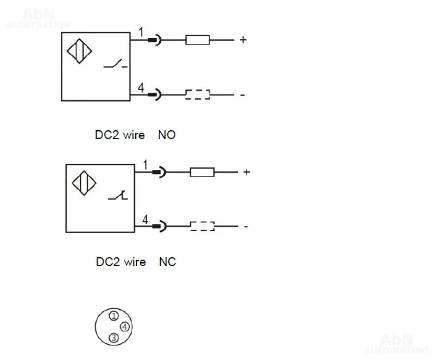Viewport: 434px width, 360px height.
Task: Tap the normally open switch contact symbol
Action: pos(115,63)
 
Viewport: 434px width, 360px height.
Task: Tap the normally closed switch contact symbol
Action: pos(118,197)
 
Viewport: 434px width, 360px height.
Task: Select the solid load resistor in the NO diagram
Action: pos(197,40)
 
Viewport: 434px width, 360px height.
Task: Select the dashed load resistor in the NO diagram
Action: pos(198,95)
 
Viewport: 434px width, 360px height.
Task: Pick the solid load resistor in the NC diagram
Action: pos(202,171)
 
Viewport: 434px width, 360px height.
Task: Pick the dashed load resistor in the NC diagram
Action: pos(203,225)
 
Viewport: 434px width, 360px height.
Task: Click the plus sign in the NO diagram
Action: pos(243,40)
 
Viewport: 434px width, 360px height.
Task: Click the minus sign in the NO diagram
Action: pos(242,96)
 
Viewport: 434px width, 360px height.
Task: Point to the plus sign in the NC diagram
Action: pos(247,172)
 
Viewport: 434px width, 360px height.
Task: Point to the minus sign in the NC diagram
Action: pos(245,227)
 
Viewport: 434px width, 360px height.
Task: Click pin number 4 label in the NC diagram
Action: pos(146,220)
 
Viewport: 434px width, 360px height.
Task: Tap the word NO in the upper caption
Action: pos(166,135)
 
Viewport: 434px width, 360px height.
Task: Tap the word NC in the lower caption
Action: pos(167,262)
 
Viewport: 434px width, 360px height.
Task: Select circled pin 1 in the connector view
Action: pos(113,316)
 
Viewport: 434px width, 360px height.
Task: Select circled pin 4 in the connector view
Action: pos(125,327)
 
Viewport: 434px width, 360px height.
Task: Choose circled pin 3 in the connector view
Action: pos(113,338)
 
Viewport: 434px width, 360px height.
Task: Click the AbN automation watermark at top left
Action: pos(38,18)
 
